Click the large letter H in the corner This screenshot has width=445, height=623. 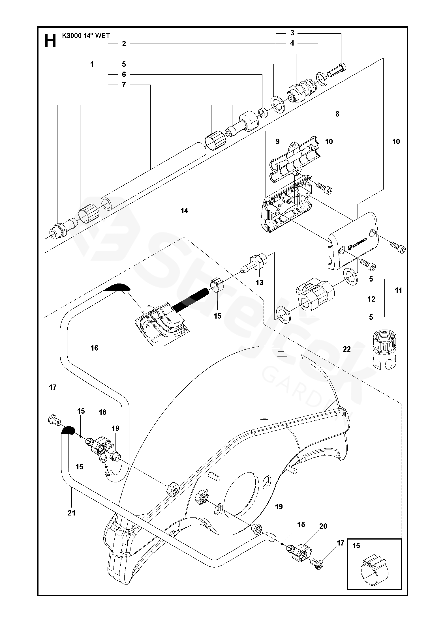50,41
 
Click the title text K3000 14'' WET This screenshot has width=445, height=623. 86,36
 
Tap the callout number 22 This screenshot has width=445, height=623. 347,349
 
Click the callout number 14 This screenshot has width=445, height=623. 184,211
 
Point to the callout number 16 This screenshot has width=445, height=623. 94,348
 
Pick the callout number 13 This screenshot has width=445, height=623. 259,282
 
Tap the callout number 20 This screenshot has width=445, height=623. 323,526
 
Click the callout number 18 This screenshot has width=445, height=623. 102,412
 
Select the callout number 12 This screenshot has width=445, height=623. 371,299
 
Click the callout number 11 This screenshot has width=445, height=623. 398,290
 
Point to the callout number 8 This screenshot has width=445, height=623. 337,114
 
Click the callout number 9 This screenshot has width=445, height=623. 277,141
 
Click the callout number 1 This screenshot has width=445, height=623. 92,65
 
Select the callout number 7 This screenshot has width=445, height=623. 124,85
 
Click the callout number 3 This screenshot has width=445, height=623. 292,33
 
